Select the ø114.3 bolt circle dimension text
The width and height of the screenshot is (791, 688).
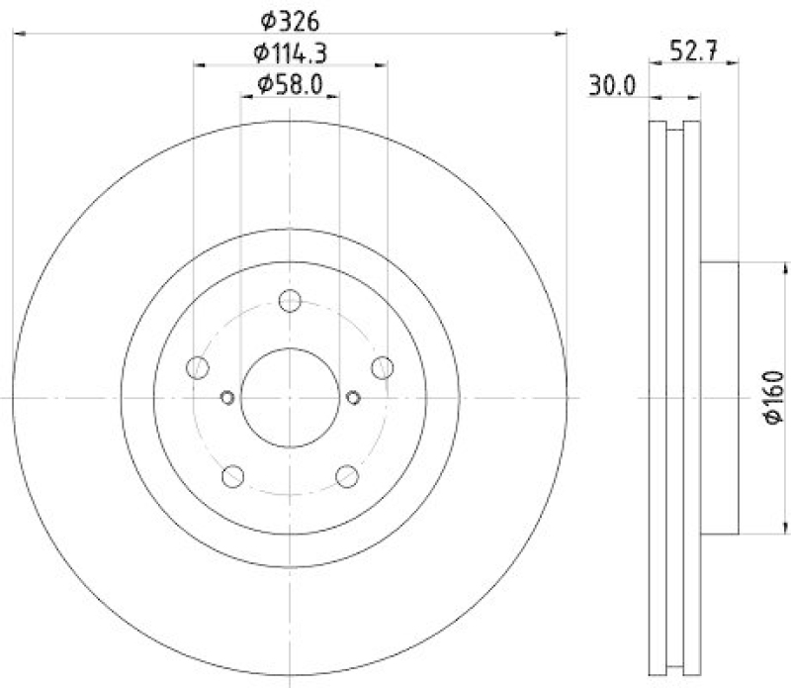coord(290,52)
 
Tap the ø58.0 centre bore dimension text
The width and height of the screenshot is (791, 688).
coord(290,85)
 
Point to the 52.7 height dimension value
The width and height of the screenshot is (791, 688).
coord(691,53)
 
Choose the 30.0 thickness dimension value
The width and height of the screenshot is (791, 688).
coord(612,86)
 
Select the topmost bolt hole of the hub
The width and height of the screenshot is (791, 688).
coord(290,301)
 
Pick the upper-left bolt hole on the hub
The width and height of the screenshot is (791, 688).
coord(198,367)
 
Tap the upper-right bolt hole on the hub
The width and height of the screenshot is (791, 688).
coord(383,367)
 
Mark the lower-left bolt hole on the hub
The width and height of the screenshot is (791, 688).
coord(233,476)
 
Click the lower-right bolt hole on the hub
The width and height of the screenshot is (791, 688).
coord(347,476)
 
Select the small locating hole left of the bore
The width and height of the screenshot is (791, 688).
coord(226,398)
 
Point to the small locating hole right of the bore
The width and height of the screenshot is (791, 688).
coord(354,398)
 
